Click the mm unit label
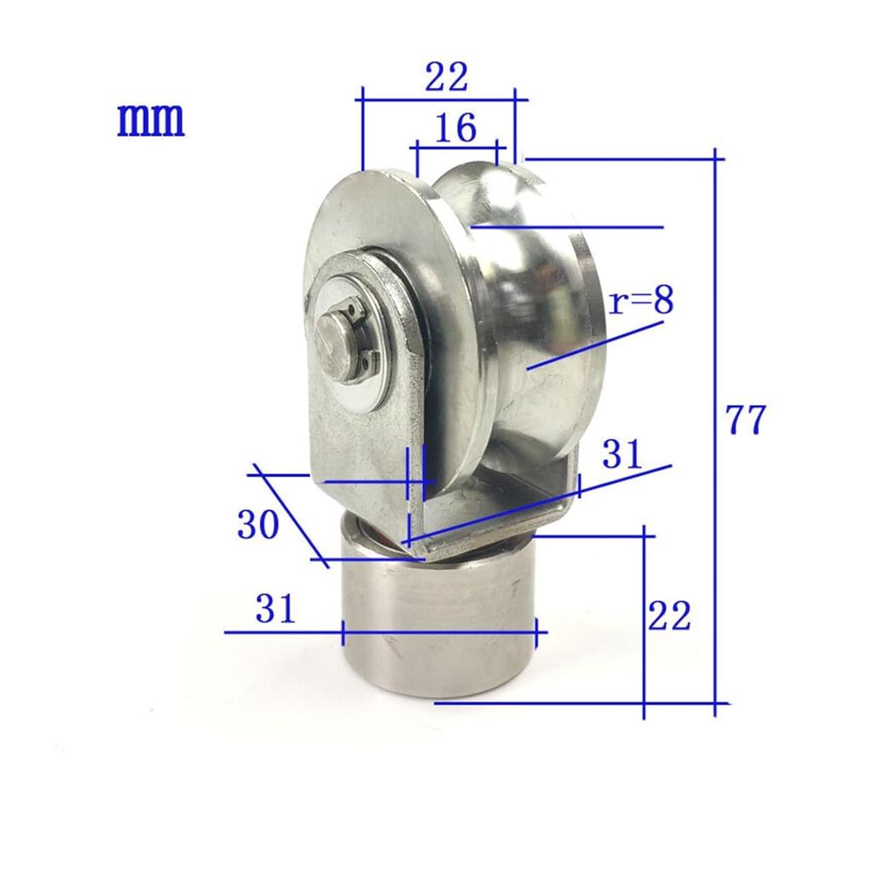pos(150,119)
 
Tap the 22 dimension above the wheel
pos(447,77)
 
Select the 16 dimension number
pos(455,128)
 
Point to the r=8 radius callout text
pos(641,301)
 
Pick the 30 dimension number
pos(257,524)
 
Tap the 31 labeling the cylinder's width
pos(275,608)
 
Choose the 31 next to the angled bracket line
pos(622,454)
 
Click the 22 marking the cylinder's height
pos(669,616)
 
